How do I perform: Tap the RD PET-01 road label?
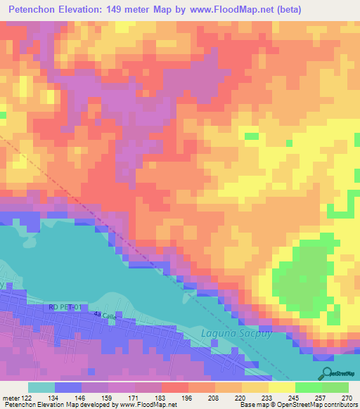[x=65, y=306]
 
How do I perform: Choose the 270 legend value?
[x=345, y=397]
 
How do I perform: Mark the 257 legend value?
[x=319, y=397]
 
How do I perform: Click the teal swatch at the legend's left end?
[x=41, y=387]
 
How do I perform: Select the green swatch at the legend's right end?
[x=335, y=387]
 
